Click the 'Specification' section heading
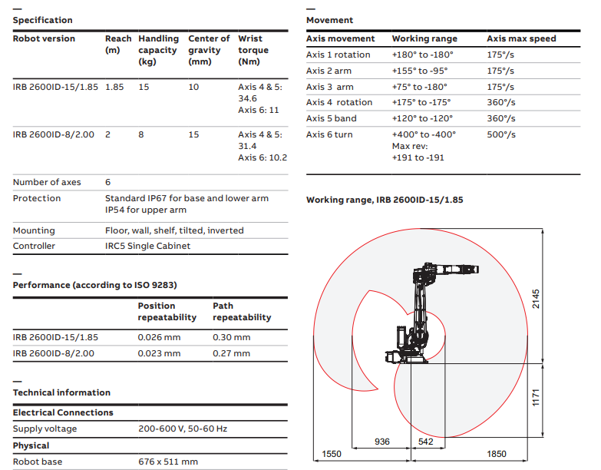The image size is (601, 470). (43, 20)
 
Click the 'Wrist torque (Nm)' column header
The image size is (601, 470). (253, 50)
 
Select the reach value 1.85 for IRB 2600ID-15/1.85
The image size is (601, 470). (114, 88)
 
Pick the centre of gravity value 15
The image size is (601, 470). (193, 135)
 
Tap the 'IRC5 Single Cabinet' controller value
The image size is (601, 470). (147, 247)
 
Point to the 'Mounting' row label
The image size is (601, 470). (34, 230)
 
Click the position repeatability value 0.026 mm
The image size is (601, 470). (159, 337)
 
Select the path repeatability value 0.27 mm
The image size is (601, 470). (231, 354)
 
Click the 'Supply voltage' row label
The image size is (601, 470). (45, 429)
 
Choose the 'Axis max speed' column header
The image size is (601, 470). (521, 38)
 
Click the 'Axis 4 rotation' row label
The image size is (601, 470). (338, 102)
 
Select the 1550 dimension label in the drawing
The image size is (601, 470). (332, 455)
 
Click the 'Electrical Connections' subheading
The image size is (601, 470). (63, 413)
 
